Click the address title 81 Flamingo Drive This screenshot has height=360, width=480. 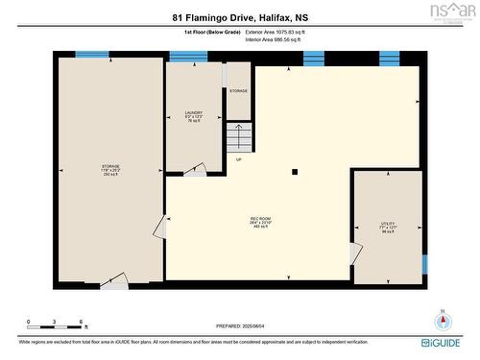click(240, 16)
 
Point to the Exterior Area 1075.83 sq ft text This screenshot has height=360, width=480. click(274, 32)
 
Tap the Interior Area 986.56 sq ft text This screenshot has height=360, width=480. click(274, 40)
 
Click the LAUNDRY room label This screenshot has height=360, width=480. click(194, 116)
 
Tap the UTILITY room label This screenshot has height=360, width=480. click(388, 228)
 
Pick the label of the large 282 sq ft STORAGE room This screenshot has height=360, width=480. click(110, 171)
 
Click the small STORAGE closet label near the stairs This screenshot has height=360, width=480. click(238, 91)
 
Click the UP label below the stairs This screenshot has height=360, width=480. click(238, 159)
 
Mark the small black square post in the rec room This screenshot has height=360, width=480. click(295, 172)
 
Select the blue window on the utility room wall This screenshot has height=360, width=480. click(423, 263)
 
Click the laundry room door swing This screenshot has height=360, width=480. click(195, 170)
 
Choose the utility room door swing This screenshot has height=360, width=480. click(356, 253)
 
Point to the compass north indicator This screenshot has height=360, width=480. click(442, 320)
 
